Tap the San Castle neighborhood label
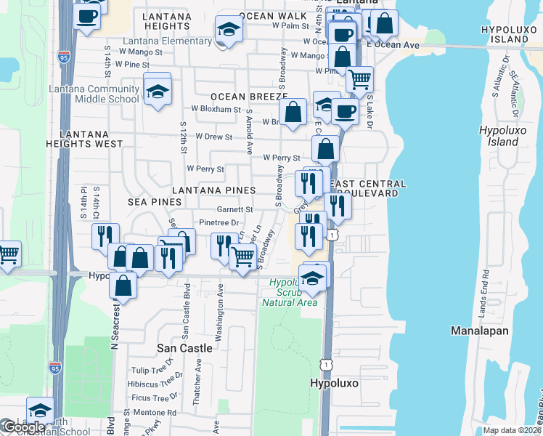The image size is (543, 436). pos(185,348)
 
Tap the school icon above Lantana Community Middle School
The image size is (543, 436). pos(157,92)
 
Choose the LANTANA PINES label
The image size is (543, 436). pos(213,190)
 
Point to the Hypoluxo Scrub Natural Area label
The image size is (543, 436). pos(293,293)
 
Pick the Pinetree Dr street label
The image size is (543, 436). pos(219,222)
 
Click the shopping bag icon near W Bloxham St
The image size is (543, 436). pos(293,113)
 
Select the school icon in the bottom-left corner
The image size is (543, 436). pos(40,411)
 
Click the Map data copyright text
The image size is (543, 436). pos(512,430)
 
